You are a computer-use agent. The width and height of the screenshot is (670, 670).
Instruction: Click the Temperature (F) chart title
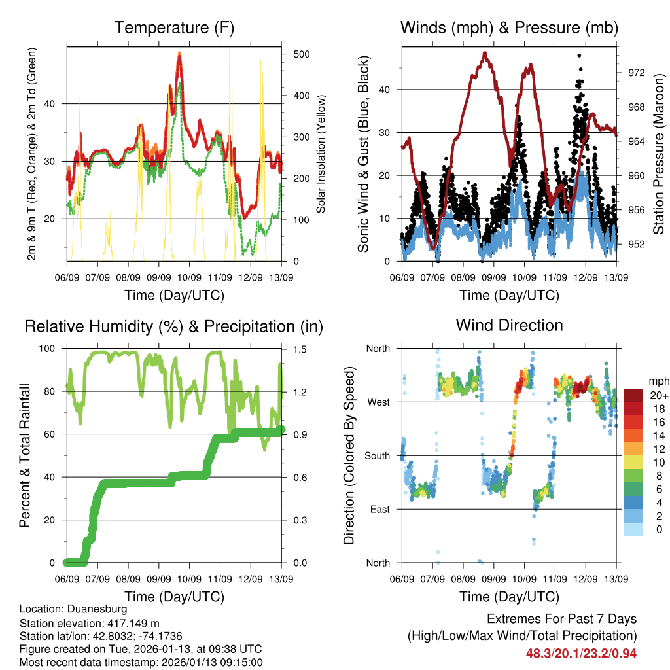coord(174,27)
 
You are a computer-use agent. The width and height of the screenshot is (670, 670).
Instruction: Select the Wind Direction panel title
coord(509,325)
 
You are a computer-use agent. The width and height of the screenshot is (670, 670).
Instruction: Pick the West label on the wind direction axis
coord(378,402)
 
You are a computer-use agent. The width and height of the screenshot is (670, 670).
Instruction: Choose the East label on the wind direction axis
coord(379,510)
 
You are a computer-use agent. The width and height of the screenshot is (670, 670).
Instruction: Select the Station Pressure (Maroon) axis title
coord(658,154)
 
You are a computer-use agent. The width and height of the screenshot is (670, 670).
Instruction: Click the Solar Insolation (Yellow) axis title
coord(321,154)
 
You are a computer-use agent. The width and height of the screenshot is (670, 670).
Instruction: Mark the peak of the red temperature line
coord(179,54)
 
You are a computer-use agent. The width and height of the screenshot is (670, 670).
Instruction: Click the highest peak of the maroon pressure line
coord(485,53)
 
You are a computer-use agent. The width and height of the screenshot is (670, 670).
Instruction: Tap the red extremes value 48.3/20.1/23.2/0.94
coord(581,653)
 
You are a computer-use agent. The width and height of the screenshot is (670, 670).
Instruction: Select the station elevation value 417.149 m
coord(129,623)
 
